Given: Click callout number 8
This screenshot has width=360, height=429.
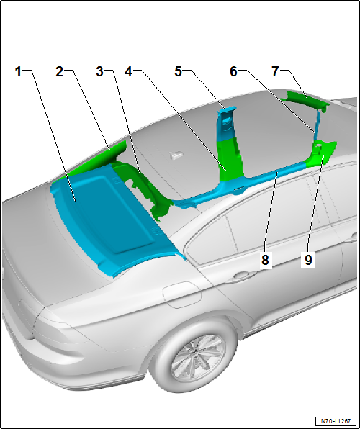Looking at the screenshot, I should pyautogui.click(x=266, y=260).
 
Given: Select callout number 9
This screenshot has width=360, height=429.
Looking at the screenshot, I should pyautogui.click(x=308, y=260).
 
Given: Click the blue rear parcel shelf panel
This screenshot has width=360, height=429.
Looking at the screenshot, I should pyautogui.click(x=115, y=216).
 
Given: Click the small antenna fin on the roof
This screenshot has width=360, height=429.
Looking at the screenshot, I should pyautogui.click(x=175, y=153).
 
